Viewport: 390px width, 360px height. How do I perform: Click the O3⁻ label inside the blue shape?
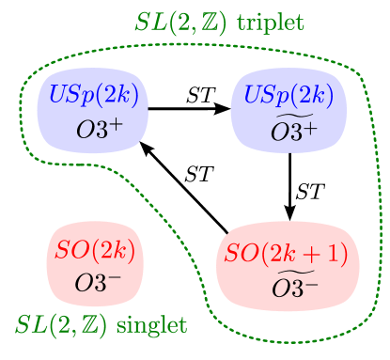coord(99,131)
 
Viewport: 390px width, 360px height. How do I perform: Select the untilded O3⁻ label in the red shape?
coord(98,282)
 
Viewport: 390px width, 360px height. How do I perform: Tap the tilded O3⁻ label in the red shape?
coord(294,284)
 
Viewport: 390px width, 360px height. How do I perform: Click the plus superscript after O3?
coord(309,127)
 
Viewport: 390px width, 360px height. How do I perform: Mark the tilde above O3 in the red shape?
coord(287,271)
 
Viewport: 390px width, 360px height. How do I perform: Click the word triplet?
coord(271,22)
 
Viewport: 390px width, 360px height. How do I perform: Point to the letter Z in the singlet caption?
coord(87,326)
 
